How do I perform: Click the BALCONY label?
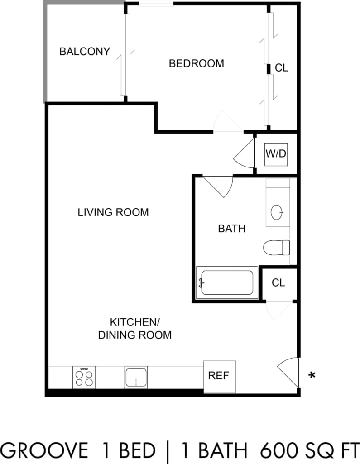point(85,52)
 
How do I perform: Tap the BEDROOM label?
point(196,63)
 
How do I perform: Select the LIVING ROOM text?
point(113,212)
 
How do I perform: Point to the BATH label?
point(232,229)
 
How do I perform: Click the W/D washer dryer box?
point(276,154)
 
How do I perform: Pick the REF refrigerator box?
point(220,376)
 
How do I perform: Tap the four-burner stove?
point(84,377)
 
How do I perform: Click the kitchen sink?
point(136,377)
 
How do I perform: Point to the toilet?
point(277,247)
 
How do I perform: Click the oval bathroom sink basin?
point(277,211)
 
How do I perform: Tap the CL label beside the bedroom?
point(282,68)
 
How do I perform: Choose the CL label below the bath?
point(278,283)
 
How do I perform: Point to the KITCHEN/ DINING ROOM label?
point(135,329)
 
